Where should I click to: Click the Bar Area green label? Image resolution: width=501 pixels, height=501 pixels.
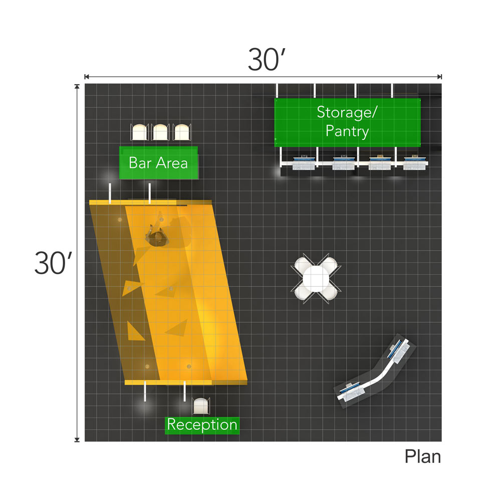tap(158, 163)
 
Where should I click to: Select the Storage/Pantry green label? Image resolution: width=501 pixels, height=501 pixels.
tap(347, 122)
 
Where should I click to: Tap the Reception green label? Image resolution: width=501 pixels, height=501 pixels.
tap(202, 425)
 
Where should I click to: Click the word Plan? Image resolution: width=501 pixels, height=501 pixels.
tap(423, 457)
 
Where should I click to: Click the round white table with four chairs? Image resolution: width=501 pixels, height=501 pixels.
tap(316, 277)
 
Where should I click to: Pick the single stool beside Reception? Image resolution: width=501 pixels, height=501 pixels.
tap(201, 406)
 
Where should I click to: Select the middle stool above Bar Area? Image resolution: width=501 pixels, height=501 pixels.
tap(161, 132)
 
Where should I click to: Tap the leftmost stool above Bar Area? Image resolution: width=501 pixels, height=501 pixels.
tap(139, 132)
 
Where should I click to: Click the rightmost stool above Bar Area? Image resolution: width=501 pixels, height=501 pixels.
tap(182, 132)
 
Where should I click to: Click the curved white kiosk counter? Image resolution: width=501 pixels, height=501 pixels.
tap(377, 371)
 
